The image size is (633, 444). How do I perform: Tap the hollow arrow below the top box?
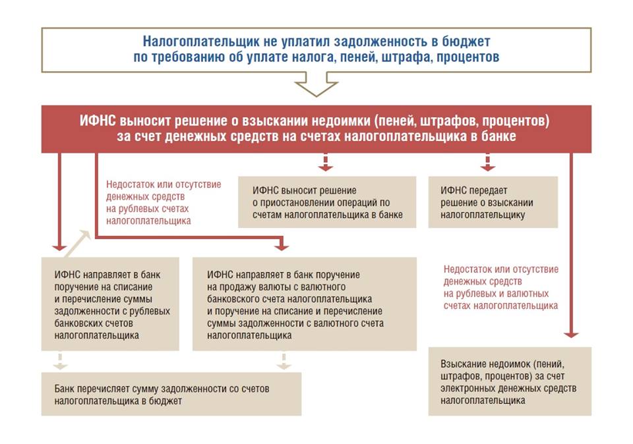point(316,86)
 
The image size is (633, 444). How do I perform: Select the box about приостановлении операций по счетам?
point(327,202)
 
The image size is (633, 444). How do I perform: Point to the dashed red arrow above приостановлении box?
point(324,161)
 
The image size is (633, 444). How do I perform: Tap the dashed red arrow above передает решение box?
point(488,161)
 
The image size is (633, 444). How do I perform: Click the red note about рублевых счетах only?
point(163,202)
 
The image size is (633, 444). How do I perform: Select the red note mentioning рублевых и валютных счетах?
point(501,287)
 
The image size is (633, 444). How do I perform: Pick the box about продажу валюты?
point(305,304)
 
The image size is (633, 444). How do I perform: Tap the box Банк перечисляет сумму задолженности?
point(171,394)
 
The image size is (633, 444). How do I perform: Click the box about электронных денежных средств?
point(510,381)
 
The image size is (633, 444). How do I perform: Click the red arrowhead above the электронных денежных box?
point(571,334)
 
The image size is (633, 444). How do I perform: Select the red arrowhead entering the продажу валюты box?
point(282,246)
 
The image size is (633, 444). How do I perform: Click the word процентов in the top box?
point(467,57)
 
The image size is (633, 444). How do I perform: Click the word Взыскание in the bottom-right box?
point(462,364)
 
